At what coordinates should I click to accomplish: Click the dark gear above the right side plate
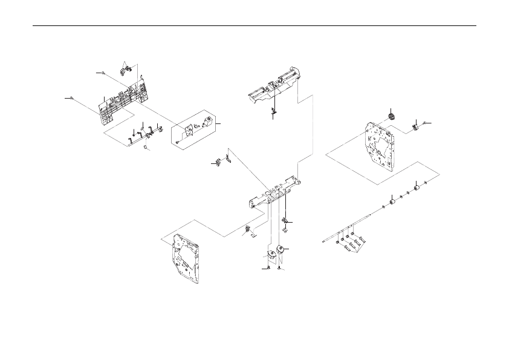tap(391, 117)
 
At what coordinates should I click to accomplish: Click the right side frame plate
tap(380, 146)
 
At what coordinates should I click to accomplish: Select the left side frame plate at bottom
tap(186, 258)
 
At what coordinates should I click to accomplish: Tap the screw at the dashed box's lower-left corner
tap(175, 142)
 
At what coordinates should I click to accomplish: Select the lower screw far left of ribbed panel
tap(73, 97)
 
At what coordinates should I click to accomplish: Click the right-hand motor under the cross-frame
tap(279, 252)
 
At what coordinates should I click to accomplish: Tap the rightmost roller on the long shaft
tap(416, 186)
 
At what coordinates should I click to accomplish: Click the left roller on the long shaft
tap(392, 200)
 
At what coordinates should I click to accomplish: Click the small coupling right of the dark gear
tap(416, 126)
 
